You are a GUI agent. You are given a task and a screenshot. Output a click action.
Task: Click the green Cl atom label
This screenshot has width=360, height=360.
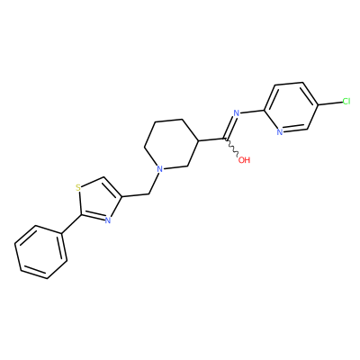click(346, 102)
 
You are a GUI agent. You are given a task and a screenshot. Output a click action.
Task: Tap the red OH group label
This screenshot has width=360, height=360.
click(244, 160)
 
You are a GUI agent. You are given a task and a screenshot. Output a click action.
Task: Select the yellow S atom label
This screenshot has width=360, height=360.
click(78, 188)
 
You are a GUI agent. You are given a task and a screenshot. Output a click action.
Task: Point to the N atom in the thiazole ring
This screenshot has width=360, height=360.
click(108, 220)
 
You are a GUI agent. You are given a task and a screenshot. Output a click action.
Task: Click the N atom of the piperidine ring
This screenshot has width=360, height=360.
click(160, 169)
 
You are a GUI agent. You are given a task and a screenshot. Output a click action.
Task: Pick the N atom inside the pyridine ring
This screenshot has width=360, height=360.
click(280, 132)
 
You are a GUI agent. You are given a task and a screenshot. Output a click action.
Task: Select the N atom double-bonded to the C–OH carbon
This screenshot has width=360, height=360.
click(236, 113)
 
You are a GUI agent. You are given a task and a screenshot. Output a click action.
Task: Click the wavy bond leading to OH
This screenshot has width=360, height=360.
click(231, 148)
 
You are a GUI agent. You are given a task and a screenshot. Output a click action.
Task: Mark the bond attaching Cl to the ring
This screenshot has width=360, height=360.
click(330, 103)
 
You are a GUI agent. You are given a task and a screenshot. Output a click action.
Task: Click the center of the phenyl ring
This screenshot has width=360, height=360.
click(40, 252)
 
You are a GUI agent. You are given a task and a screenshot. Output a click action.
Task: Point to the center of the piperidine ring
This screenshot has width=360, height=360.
click(172, 143)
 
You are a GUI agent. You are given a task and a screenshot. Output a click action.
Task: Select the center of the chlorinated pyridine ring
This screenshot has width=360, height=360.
click(292, 107)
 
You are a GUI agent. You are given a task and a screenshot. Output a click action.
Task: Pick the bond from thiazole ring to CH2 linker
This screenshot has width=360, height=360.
click(135, 196)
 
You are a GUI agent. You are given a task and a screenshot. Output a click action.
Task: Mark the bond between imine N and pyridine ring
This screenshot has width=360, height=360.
click(252, 112)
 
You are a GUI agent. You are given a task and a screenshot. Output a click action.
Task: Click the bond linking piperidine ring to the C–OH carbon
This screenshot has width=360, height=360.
click(211, 139)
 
